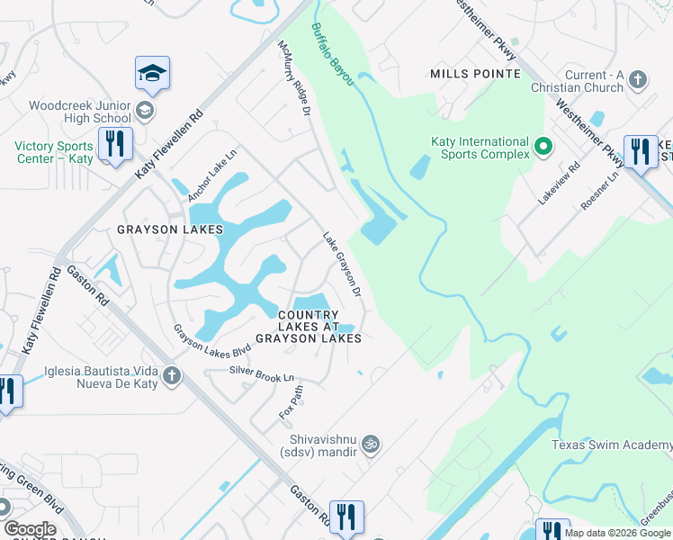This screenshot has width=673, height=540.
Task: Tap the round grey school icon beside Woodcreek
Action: (x=145, y=111)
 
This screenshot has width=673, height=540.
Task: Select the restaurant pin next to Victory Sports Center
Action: (x=115, y=146)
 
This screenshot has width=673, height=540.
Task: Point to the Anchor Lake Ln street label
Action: (x=211, y=170)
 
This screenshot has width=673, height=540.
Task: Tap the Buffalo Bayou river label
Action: (x=333, y=54)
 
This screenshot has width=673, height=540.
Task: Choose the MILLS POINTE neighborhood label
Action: (x=475, y=73)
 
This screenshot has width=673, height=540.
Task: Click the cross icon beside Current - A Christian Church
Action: (x=638, y=80)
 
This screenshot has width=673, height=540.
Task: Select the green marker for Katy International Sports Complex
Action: (x=543, y=146)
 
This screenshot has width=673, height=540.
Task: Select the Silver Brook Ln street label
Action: (x=261, y=373)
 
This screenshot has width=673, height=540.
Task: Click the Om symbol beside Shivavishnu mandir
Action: (x=369, y=444)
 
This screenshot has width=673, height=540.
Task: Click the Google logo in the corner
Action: (x=30, y=529)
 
